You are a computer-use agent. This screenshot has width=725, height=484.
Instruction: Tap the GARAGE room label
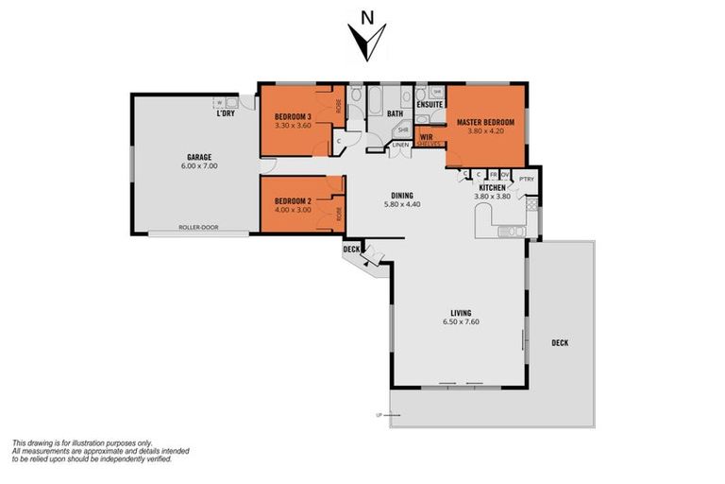click(x=198, y=157)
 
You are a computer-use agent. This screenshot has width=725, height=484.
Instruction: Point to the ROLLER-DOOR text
click(x=198, y=228)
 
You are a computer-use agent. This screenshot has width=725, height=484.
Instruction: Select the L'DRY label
click(x=225, y=113)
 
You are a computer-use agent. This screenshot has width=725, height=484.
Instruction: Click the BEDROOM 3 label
click(x=292, y=116)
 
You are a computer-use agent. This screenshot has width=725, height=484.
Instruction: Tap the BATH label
click(x=395, y=113)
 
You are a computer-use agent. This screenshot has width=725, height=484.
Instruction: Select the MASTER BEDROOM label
click(x=485, y=123)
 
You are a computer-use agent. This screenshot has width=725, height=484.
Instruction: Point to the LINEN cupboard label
click(x=401, y=145)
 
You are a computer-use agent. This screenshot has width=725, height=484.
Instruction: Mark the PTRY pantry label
click(x=527, y=179)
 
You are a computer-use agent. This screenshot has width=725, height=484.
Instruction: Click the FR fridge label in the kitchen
click(x=493, y=175)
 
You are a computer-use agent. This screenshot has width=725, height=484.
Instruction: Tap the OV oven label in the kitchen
click(x=505, y=175)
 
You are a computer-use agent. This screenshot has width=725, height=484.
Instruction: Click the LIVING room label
click(x=461, y=313)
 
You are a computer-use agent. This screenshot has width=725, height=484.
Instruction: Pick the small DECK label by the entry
click(x=351, y=250)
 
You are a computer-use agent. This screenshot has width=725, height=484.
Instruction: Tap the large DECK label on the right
click(x=561, y=342)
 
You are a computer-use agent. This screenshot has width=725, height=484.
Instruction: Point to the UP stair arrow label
click(x=379, y=414)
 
